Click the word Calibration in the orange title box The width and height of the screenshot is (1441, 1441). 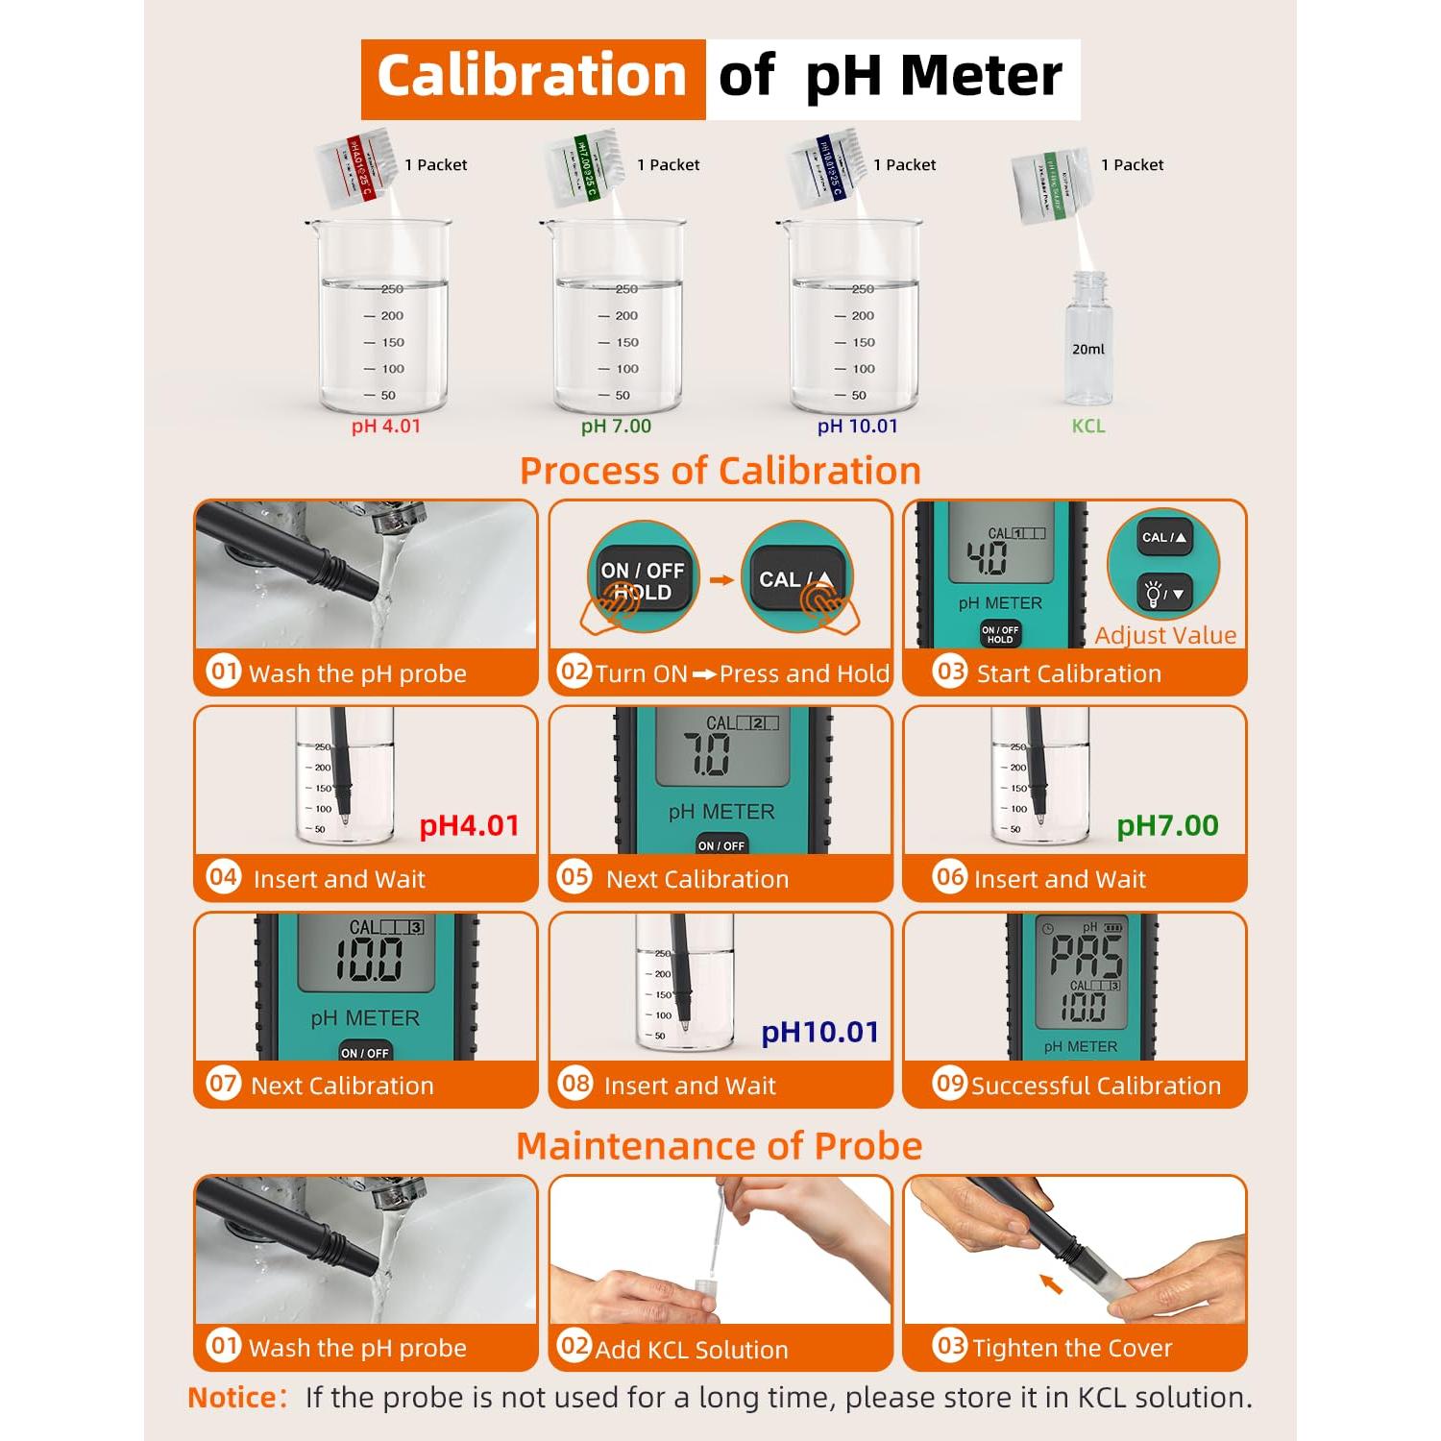click(x=532, y=77)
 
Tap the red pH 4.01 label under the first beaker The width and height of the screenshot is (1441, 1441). click(x=386, y=427)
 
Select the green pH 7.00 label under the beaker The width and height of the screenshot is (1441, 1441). click(x=616, y=427)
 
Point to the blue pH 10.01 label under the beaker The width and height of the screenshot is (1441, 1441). click(x=857, y=427)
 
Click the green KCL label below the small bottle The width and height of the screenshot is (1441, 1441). click(x=1088, y=427)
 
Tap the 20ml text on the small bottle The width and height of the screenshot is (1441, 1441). click(x=1088, y=350)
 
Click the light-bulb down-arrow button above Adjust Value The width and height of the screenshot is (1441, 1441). click(x=1164, y=594)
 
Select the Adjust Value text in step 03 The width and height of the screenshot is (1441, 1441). click(x=1165, y=635)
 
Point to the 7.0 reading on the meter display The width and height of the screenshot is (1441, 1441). click(x=707, y=754)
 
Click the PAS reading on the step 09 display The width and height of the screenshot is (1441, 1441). click(x=1086, y=956)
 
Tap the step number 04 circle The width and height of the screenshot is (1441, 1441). click(x=224, y=877)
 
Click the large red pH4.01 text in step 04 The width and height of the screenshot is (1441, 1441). click(x=469, y=825)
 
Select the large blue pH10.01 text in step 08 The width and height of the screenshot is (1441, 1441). click(x=819, y=1032)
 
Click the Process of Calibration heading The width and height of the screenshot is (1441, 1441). click(x=720, y=471)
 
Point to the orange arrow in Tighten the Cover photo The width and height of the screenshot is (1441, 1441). click(x=1052, y=1283)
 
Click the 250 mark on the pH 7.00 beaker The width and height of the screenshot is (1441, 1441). click(x=626, y=289)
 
